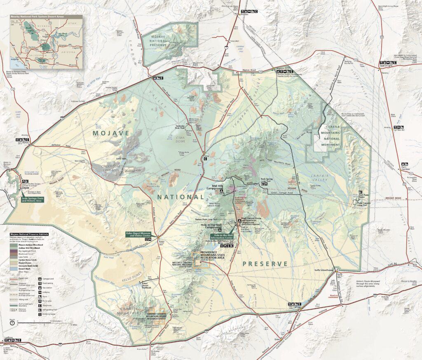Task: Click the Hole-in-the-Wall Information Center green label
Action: (x=224, y=237)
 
